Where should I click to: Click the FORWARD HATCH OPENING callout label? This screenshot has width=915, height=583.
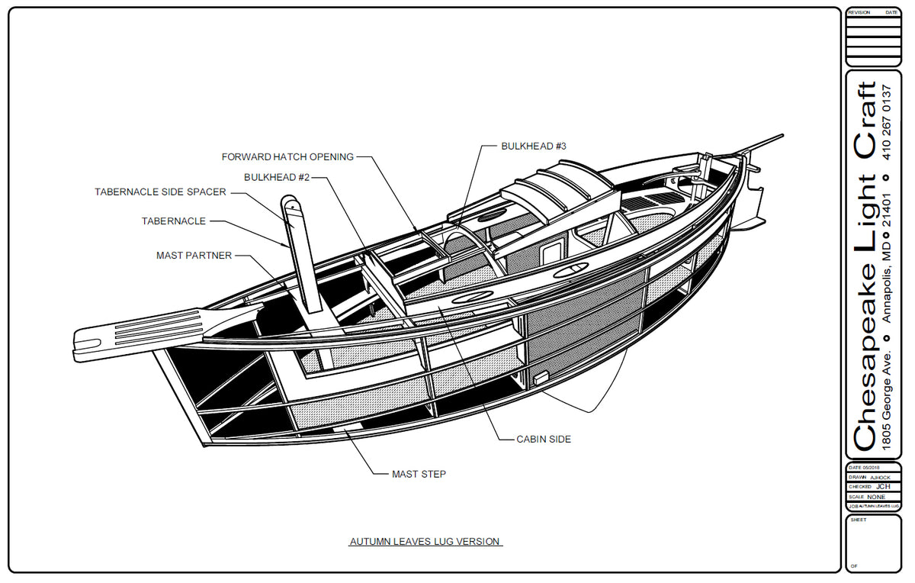coord(287,157)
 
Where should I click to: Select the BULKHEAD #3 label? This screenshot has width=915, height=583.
coord(534,146)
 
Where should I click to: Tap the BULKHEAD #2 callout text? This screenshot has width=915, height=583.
coord(276,177)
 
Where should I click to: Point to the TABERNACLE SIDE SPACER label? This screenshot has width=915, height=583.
coord(160,192)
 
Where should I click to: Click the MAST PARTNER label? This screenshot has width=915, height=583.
coord(194,256)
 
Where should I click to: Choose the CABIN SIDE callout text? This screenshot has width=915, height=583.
coord(544,439)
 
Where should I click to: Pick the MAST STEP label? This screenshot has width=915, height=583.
coord(419,474)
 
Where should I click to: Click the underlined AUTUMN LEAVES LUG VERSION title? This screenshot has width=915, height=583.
coord(425,542)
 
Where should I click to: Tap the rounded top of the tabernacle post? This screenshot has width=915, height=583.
coord(291,203)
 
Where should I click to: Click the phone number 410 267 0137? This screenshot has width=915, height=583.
coord(886,121)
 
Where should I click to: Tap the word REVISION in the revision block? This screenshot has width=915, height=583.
coord(859,13)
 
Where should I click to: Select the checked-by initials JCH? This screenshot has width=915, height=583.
coord(882,486)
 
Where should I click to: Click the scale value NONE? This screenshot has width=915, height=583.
coord(876,496)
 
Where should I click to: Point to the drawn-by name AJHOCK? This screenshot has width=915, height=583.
coord(880,477)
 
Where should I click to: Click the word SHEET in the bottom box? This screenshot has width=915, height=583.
coord(858,520)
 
